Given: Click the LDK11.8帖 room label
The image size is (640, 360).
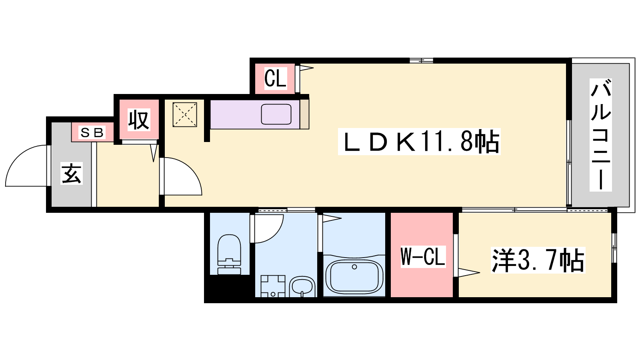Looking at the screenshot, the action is (419, 142).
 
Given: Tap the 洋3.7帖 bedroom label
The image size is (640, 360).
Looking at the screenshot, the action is (538, 260).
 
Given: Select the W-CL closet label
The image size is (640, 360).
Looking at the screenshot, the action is (423, 256).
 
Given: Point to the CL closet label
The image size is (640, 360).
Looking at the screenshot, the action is (276, 78).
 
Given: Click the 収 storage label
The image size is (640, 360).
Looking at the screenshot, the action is (139, 120).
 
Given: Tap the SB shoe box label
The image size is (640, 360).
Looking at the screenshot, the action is (92, 132).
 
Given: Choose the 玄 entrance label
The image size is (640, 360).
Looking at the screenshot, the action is (72, 173).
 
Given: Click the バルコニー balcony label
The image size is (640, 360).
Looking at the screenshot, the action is (600, 135).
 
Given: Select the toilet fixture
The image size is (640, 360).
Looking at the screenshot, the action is (229, 254).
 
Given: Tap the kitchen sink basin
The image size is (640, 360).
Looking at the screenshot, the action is (276, 114).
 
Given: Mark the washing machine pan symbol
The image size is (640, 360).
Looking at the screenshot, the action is (273, 286).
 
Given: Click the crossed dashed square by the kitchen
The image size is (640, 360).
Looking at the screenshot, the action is (185, 114).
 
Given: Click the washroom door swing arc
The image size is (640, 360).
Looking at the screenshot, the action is (276, 234).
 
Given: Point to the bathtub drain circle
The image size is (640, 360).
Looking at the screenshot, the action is (354, 267).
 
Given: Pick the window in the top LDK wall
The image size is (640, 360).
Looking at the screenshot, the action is (422, 60).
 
